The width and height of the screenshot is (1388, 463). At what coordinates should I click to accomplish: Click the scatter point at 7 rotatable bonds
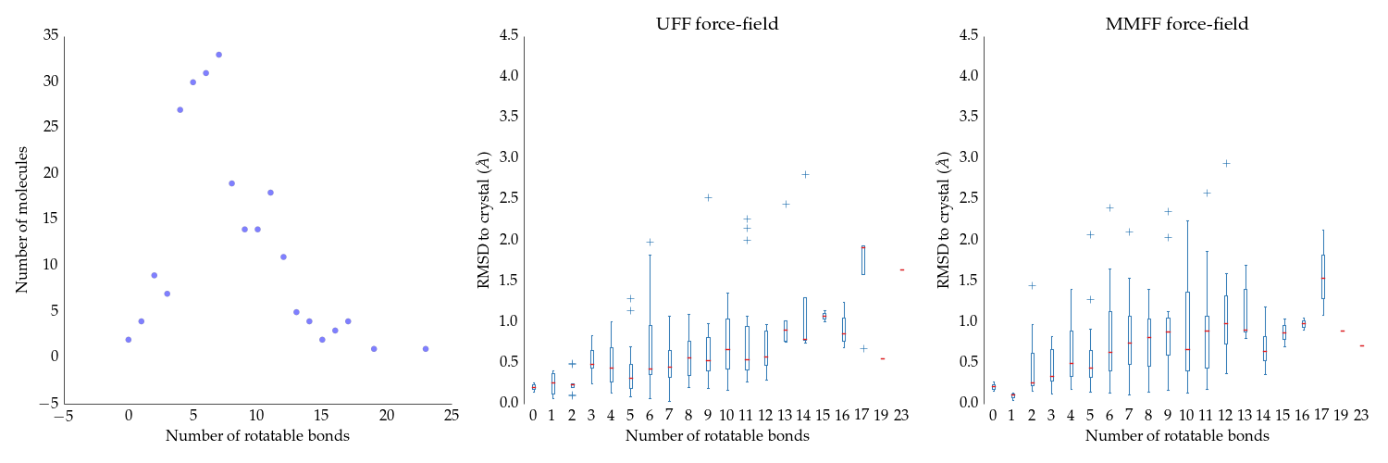pyautogui.click(x=218, y=55)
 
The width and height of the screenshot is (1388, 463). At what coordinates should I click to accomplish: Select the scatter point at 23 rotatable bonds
pyautogui.click(x=426, y=349)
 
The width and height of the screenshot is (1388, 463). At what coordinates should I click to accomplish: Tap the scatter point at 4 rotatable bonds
pyautogui.click(x=180, y=109)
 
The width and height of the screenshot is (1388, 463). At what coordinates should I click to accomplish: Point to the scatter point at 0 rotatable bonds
pyautogui.click(x=129, y=340)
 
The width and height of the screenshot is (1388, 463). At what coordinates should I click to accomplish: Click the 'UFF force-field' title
pyautogui.click(x=717, y=23)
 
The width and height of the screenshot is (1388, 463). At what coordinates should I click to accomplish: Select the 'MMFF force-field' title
pyautogui.click(x=1177, y=23)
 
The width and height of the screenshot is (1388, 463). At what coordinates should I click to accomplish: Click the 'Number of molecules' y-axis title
pyautogui.click(x=21, y=220)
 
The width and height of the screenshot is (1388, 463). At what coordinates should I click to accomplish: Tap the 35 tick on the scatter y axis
pyautogui.click(x=51, y=34)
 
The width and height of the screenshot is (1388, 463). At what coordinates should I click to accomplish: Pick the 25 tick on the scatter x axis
pyautogui.click(x=452, y=415)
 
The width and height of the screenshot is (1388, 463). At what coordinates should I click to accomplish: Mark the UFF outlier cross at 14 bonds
pyautogui.click(x=806, y=175)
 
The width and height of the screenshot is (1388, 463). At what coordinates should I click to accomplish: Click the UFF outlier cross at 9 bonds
pyautogui.click(x=708, y=198)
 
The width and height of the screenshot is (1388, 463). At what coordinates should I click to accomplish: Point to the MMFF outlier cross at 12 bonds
pyautogui.click(x=1226, y=164)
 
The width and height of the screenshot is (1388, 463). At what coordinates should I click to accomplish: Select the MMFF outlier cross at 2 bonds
pyautogui.click(x=1033, y=286)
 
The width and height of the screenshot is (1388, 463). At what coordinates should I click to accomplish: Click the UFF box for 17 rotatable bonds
pyautogui.click(x=863, y=259)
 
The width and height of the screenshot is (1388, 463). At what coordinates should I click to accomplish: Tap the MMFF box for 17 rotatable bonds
pyautogui.click(x=1323, y=277)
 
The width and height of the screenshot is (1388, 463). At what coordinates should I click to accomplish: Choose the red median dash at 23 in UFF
pyautogui.click(x=902, y=269)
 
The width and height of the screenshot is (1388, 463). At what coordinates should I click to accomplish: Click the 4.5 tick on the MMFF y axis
pyautogui.click(x=968, y=34)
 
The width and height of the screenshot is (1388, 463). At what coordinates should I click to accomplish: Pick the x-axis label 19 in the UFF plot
pyautogui.click(x=881, y=415)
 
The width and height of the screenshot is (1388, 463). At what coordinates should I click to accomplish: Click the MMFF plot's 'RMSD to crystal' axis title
pyautogui.click(x=943, y=220)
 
